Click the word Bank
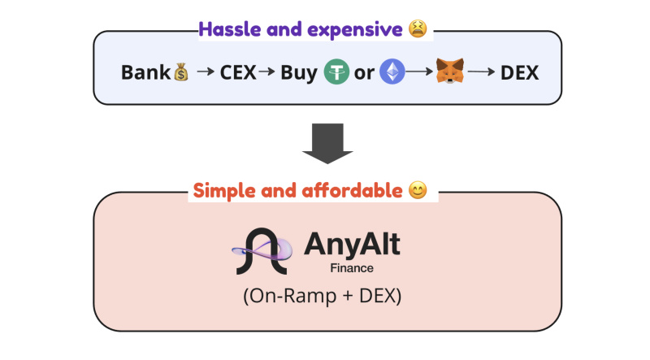pos(145,72)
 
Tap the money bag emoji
pos(181,72)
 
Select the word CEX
pos(238,72)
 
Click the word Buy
pos(299,73)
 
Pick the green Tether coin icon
pos(336,72)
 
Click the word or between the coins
pos(364,73)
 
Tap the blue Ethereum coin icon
pos(392,72)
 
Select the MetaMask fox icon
pos(450,71)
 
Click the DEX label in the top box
pos(519,72)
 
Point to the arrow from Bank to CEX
pos(206,72)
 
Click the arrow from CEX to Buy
pos(266,72)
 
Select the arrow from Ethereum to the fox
pos(419,72)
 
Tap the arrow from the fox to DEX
pos(481,72)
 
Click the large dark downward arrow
pos(327,143)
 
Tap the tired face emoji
pos(418,29)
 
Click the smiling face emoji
pos(418,190)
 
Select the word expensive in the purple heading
pos(355,30)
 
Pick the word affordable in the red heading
pos(352,191)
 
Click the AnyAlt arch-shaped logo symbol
pos(262,251)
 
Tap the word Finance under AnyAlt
pos(352,268)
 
